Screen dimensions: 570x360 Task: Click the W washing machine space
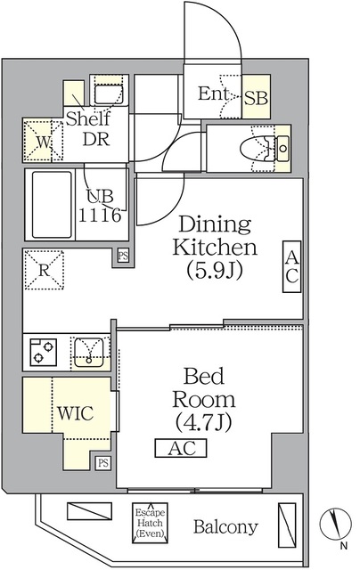[39, 141]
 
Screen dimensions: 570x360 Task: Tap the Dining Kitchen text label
[217, 235]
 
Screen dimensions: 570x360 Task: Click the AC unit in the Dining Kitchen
[291, 265]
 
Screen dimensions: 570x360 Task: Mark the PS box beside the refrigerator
[122, 257]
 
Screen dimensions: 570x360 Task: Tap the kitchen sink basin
[89, 351]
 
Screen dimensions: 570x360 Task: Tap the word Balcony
[225, 526]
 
